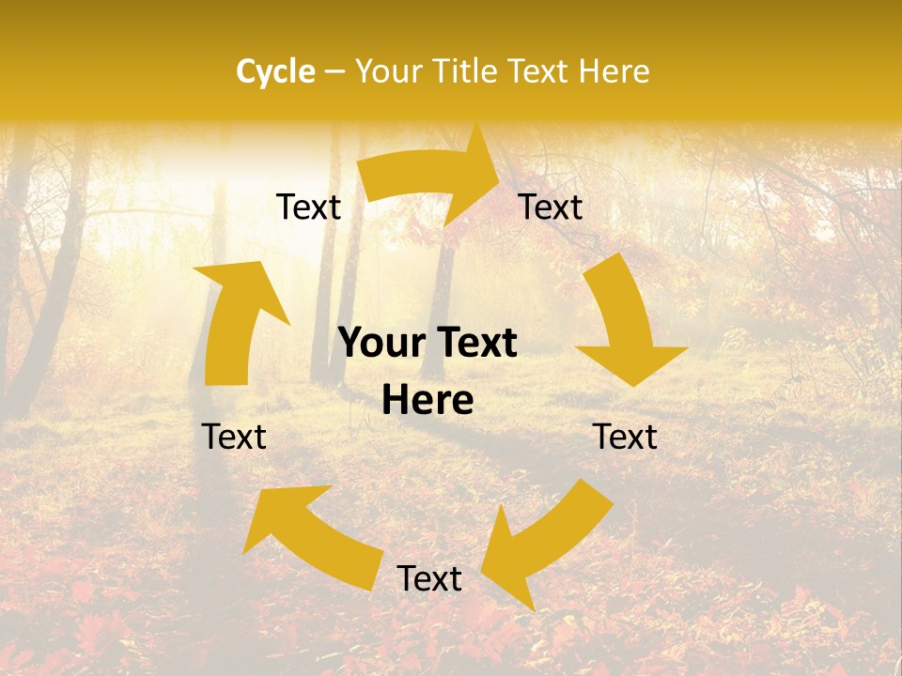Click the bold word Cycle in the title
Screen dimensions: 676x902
[275, 71]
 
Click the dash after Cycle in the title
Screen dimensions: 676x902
[334, 71]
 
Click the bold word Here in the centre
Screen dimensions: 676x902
[428, 401]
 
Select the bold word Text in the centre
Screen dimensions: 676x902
[474, 344]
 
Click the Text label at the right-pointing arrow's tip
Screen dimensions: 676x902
[551, 207]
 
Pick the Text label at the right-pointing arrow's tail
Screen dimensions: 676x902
[308, 207]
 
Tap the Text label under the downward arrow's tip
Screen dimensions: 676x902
[625, 437]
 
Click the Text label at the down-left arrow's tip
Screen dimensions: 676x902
[429, 578]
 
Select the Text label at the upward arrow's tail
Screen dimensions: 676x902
[234, 437]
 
